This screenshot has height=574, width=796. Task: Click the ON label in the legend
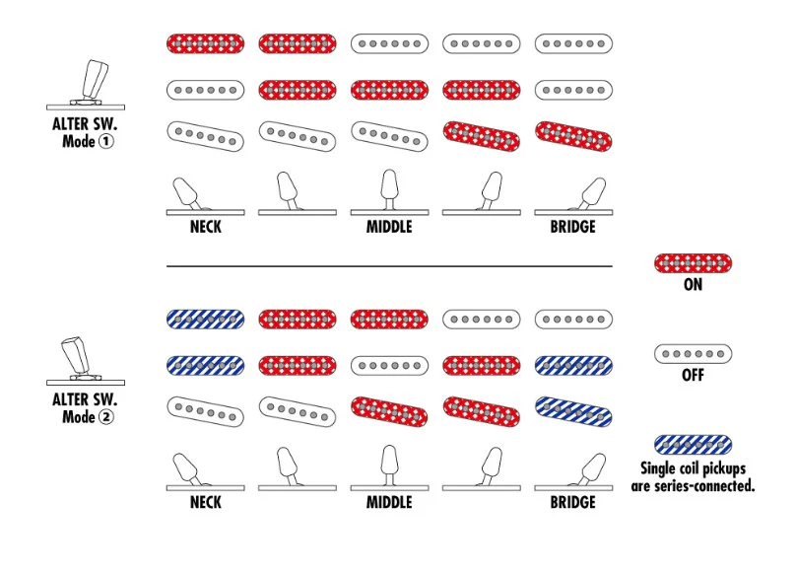click(x=693, y=284)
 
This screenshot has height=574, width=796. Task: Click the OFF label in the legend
click(x=693, y=375)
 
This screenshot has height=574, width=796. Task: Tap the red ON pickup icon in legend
click(x=693, y=263)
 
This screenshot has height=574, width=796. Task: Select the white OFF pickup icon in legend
click(x=693, y=354)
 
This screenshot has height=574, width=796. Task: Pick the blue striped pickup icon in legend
click(x=693, y=445)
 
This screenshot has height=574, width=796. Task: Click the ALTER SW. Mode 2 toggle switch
click(x=86, y=360)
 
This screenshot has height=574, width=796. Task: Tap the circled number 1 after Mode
click(x=105, y=141)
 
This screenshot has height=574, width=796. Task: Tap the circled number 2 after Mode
click(x=105, y=417)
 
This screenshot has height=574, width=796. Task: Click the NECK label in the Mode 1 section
click(x=206, y=227)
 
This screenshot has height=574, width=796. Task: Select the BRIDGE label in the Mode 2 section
click(x=573, y=502)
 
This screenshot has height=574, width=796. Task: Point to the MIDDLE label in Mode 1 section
click(x=389, y=227)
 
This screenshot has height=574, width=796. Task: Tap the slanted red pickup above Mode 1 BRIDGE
click(x=573, y=136)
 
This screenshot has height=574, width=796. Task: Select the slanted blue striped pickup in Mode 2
click(x=573, y=411)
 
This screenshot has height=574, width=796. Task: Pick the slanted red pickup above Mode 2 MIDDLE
click(x=389, y=411)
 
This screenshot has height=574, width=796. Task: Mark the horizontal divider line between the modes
click(x=389, y=266)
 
